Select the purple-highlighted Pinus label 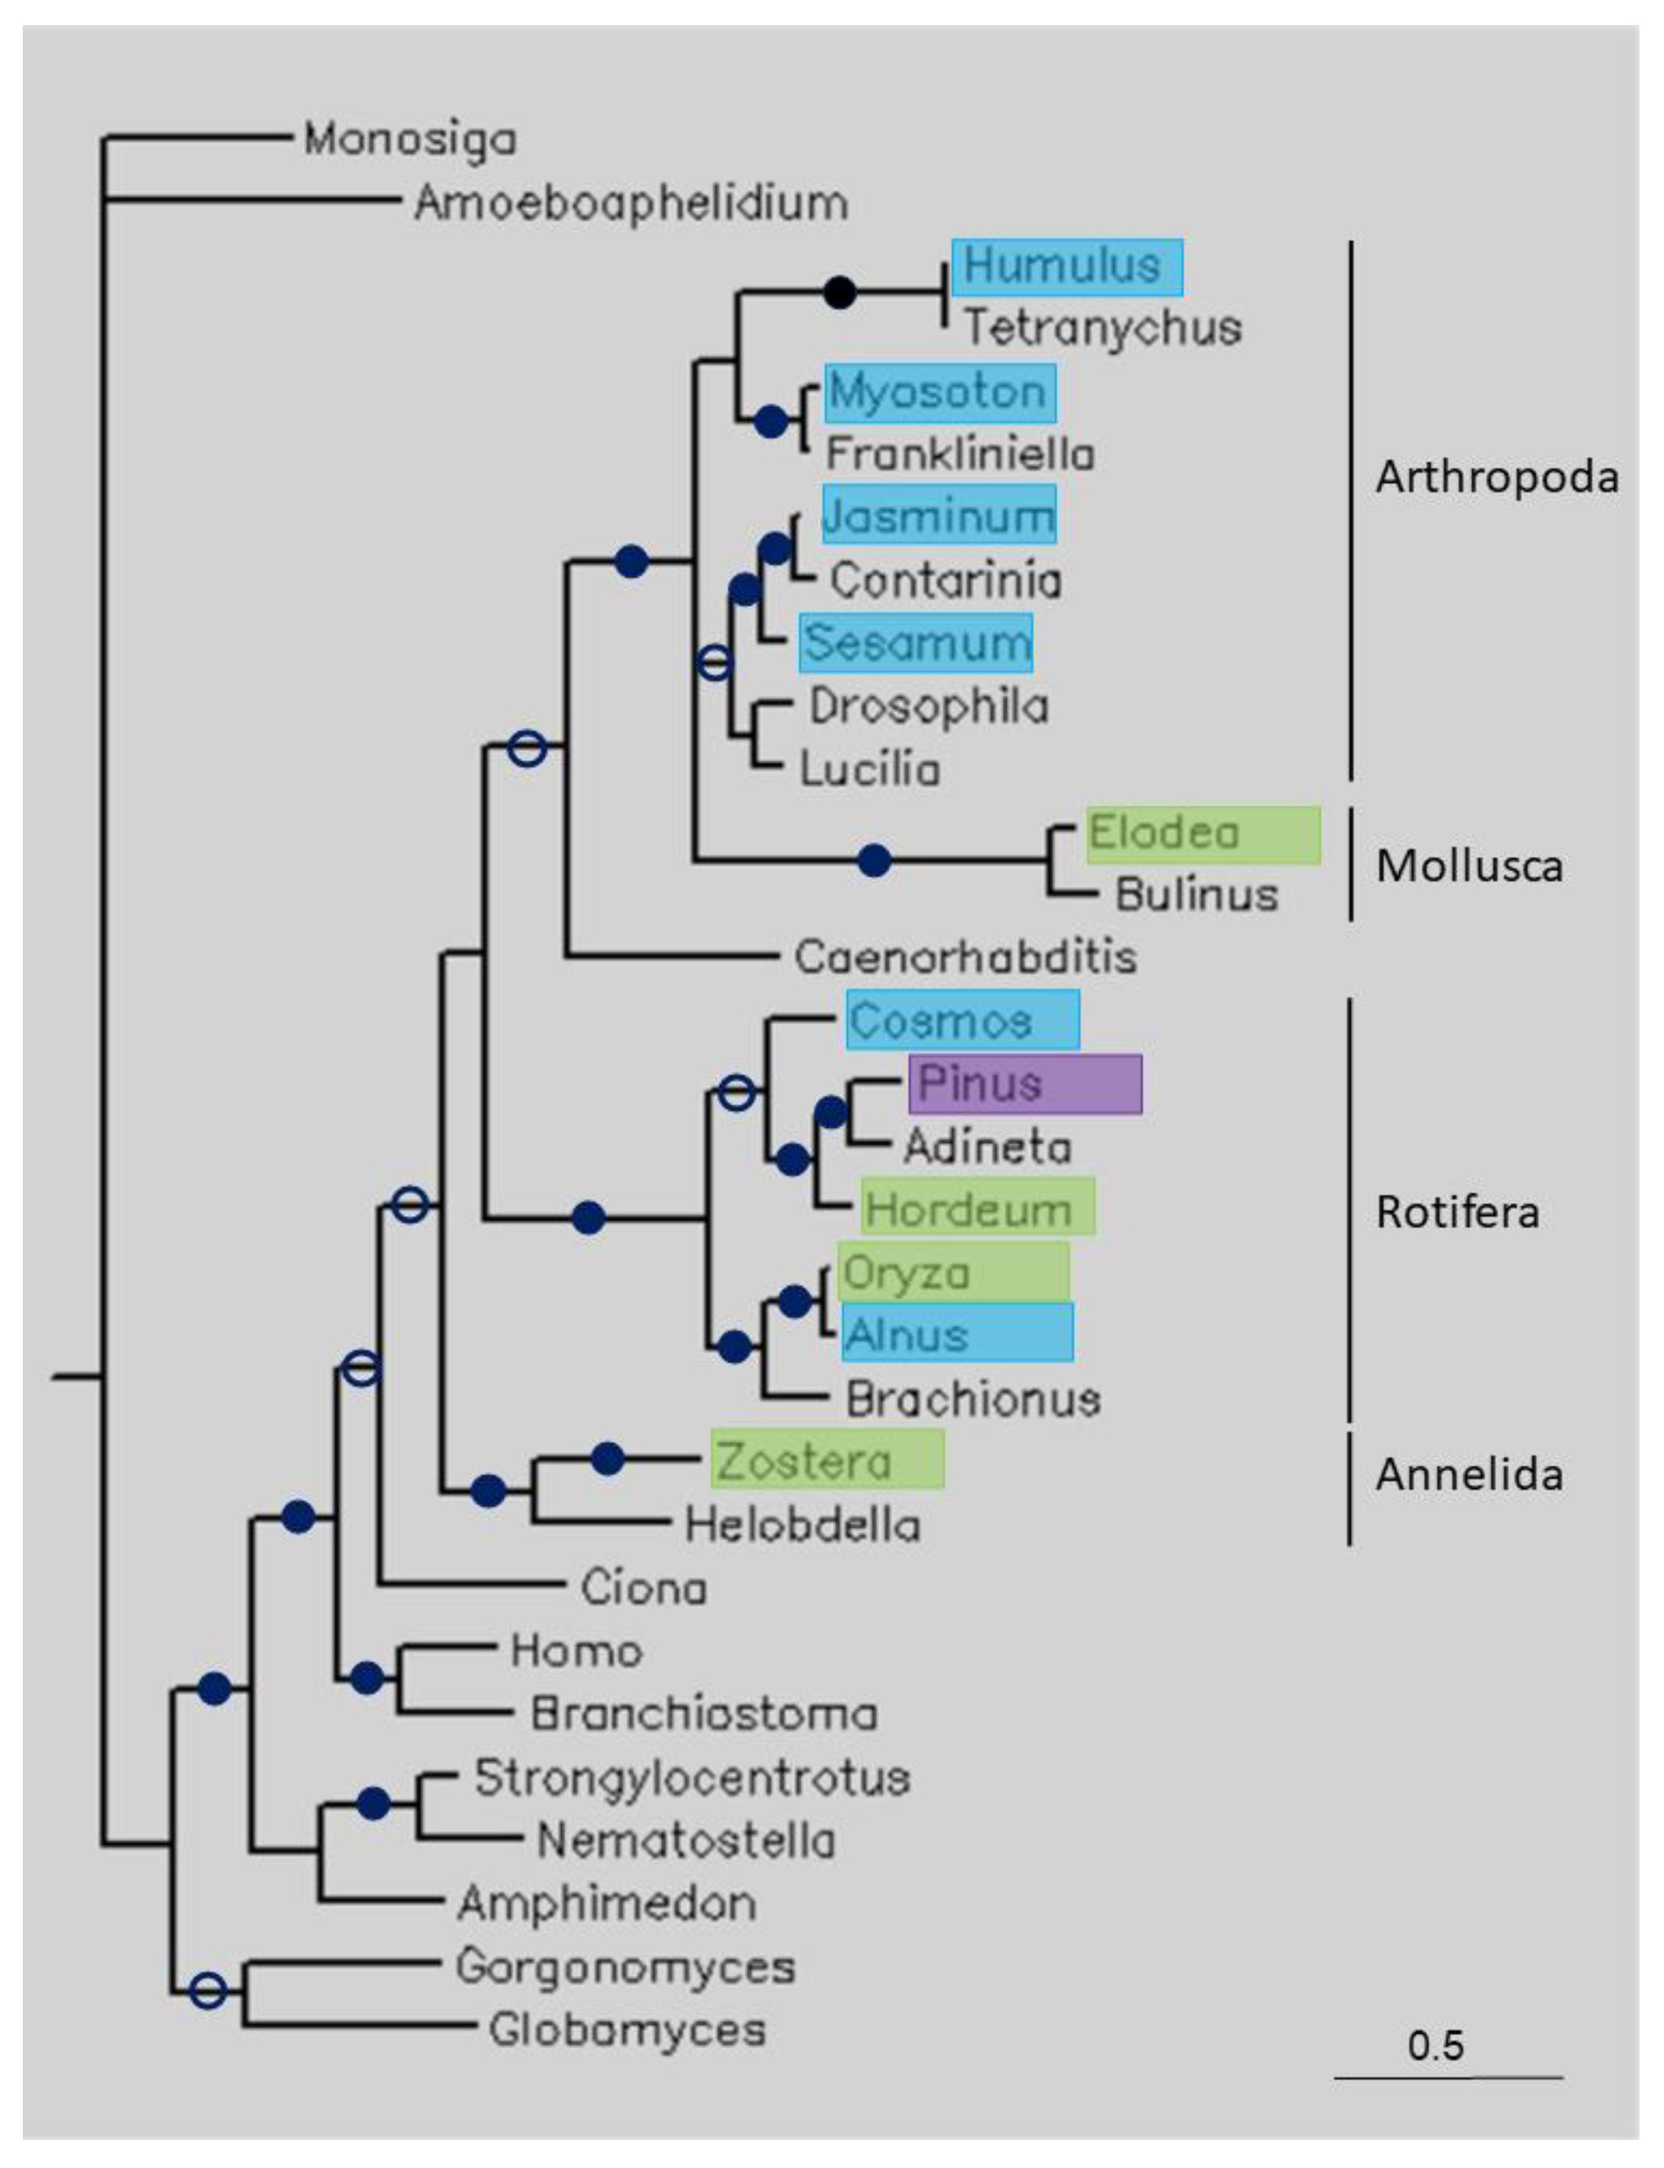[1024, 1083]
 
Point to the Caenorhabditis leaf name [965, 957]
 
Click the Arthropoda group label [1496, 477]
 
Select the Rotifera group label [1457, 1212]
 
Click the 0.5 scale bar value [1435, 2045]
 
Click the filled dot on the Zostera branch [607, 1458]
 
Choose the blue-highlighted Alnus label [957, 1333]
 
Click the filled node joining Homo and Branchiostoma [366, 1678]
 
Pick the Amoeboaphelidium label [631, 203]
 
